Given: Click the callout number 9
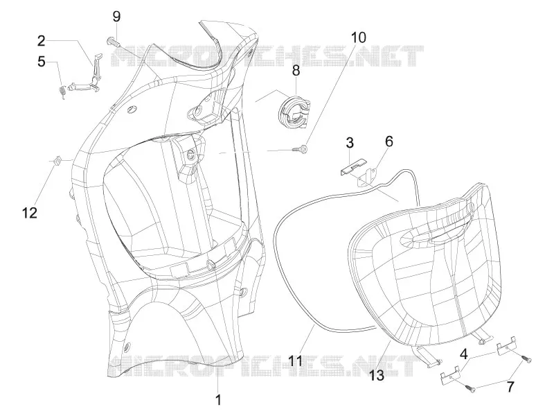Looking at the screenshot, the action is click(x=116, y=17).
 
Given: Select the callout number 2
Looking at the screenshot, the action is click(x=42, y=41).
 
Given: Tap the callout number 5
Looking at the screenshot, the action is click(x=42, y=62).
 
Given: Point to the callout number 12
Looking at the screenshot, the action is click(x=29, y=213).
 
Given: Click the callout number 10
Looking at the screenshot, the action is click(x=358, y=37).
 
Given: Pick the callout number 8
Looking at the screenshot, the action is click(x=296, y=70).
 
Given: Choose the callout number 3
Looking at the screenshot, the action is click(x=350, y=143).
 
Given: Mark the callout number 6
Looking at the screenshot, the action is click(x=388, y=141).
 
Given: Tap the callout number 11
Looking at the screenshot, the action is click(x=295, y=361).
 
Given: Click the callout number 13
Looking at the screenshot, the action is click(x=377, y=375).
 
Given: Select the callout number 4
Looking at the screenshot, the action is click(x=463, y=354).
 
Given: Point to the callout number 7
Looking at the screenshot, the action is click(x=510, y=387).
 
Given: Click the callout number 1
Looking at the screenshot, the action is click(x=218, y=400).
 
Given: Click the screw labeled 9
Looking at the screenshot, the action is click(x=113, y=42).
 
